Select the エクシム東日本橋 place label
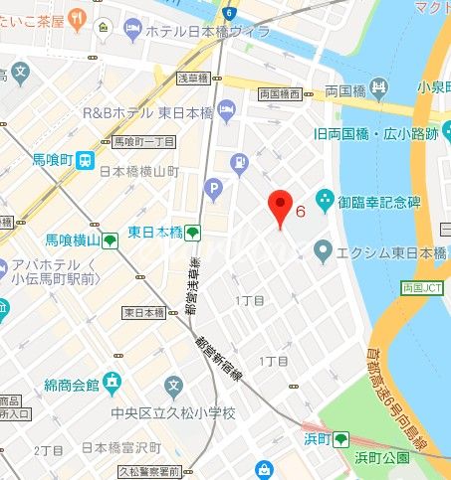pyautogui.click(x=391, y=253)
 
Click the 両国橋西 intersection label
pyautogui.click(x=280, y=94)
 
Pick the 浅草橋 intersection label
pyautogui.click(x=191, y=78)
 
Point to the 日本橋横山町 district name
pyautogui.click(x=138, y=171)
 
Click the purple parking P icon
pyautogui.click(x=212, y=188)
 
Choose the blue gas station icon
pyautogui.click(x=239, y=161)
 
